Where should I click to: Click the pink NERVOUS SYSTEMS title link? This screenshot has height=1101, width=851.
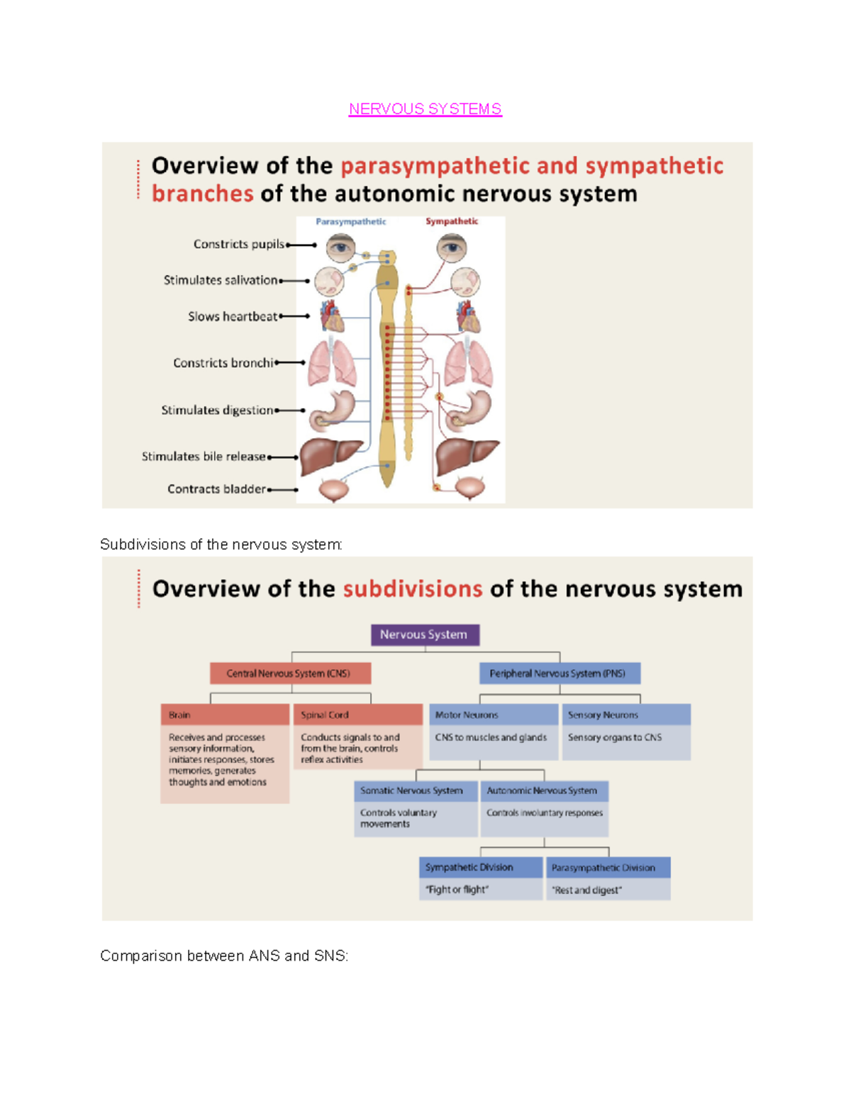click(425, 109)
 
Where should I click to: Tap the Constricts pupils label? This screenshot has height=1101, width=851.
click(238, 244)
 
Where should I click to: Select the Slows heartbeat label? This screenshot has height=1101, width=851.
click(233, 316)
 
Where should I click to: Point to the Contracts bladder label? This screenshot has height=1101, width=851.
click(216, 488)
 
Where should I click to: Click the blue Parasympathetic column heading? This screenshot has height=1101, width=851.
click(350, 222)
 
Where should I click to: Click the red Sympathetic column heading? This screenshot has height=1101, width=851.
click(452, 221)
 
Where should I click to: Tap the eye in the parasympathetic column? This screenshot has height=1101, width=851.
click(341, 247)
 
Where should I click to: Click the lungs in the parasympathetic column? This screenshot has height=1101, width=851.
click(332, 363)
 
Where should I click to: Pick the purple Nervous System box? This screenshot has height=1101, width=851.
click(425, 635)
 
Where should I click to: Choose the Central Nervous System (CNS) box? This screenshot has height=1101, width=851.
click(289, 673)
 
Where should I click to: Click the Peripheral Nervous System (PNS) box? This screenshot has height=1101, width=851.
click(559, 673)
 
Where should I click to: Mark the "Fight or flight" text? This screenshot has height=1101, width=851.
click(457, 889)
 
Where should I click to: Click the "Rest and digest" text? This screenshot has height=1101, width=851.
click(587, 890)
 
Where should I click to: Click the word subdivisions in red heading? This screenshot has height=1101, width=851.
click(413, 589)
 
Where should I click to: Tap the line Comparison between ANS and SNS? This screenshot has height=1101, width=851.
click(224, 956)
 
